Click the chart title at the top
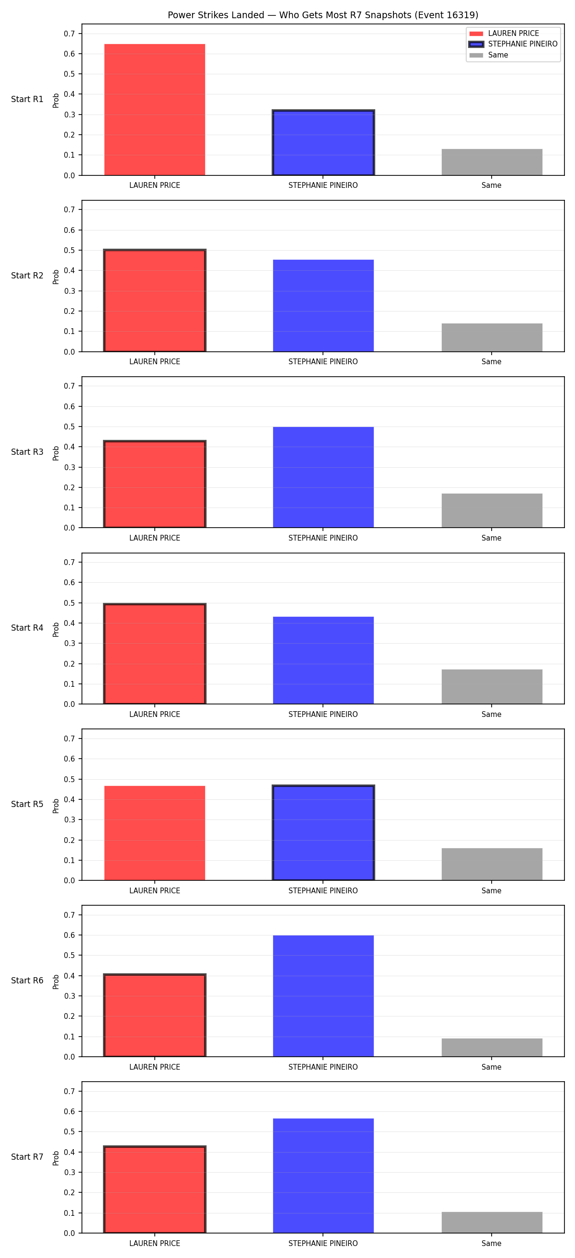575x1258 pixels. pos(322,15)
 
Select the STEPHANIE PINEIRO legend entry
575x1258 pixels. pos(513,44)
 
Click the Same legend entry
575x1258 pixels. pos(489,55)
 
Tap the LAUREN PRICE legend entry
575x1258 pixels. pos(504,33)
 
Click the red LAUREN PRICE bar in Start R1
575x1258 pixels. pos(155,109)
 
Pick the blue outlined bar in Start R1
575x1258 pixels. pos(323,143)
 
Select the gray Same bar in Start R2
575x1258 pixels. pos(492,337)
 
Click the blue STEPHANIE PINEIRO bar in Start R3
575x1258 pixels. pos(323,477)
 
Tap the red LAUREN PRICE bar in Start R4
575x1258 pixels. pos(155,654)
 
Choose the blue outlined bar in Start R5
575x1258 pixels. pos(323,832)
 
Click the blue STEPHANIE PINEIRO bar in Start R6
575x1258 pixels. pos(323,996)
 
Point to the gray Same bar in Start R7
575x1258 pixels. pos(492,1223)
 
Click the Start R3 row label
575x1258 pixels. pos(27,452)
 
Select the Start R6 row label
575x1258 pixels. pos(27,981)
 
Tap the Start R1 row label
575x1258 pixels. pos(27,99)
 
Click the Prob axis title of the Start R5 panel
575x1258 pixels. pos(56,805)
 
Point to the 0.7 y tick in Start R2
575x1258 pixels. pos(69,209)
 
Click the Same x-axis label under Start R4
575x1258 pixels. pos(492,714)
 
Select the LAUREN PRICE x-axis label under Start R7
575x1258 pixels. pos(155,1243)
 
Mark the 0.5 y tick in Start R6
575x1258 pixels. pos(69,955)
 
